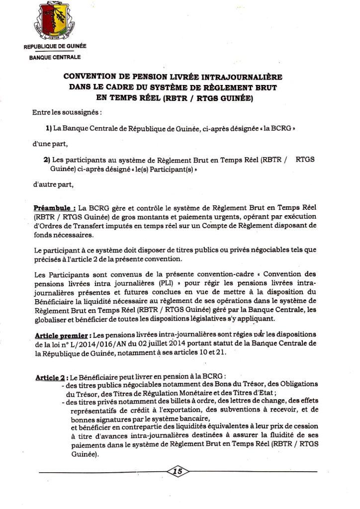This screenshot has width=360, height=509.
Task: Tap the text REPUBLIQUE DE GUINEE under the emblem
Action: pyautogui.click(x=55, y=47)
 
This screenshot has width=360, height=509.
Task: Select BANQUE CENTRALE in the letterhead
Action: pyautogui.click(x=55, y=58)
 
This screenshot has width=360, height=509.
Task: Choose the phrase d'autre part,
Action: pyautogui.click(x=53, y=185)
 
